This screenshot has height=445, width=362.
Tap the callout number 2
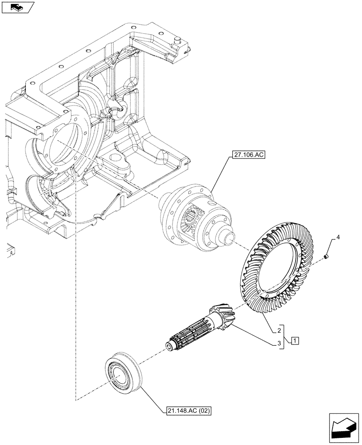[x=278, y=331]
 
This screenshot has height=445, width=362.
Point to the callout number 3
[x=278, y=343]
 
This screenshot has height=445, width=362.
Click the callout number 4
[x=338, y=239]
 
